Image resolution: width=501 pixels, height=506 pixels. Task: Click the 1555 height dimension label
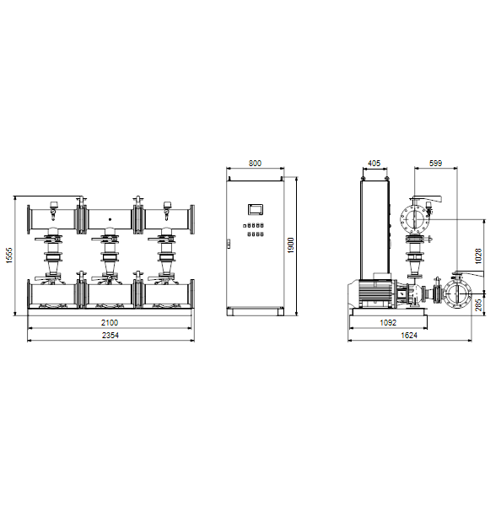pyautogui.click(x=9, y=256)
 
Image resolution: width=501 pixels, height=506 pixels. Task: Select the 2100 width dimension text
pyautogui.click(x=110, y=322)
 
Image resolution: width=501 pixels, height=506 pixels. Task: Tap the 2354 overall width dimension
pyautogui.click(x=110, y=336)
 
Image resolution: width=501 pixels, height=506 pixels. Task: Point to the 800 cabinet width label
pyautogui.click(x=255, y=164)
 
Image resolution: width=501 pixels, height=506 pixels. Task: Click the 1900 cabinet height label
pyautogui.click(x=290, y=245)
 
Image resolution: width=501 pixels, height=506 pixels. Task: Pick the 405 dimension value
pyautogui.click(x=374, y=164)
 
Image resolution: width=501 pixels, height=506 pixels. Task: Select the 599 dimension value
pyautogui.click(x=435, y=164)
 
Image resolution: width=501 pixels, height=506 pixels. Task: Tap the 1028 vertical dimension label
pyautogui.click(x=478, y=256)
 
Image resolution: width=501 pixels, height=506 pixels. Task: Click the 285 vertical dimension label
pyautogui.click(x=478, y=304)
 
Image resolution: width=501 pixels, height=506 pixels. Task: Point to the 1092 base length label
pyautogui.click(x=388, y=322)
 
